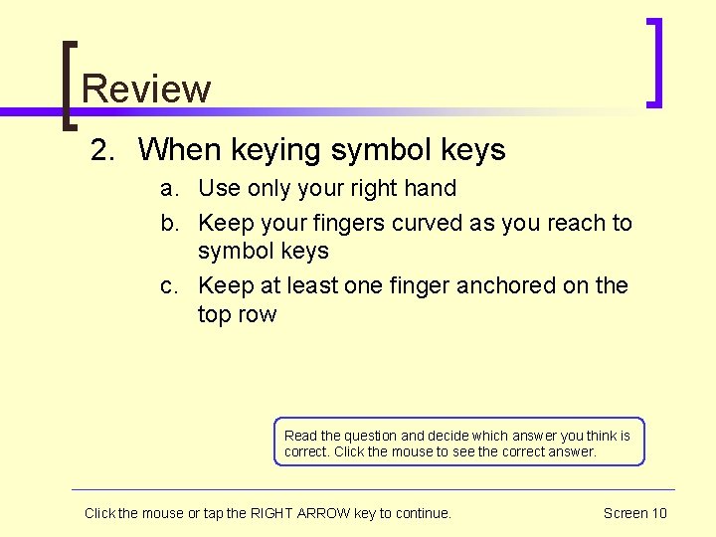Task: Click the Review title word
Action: (146, 89)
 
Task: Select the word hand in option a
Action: (431, 188)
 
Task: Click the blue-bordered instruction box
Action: (459, 442)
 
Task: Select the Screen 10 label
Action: (634, 513)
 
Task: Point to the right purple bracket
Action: (654, 62)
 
